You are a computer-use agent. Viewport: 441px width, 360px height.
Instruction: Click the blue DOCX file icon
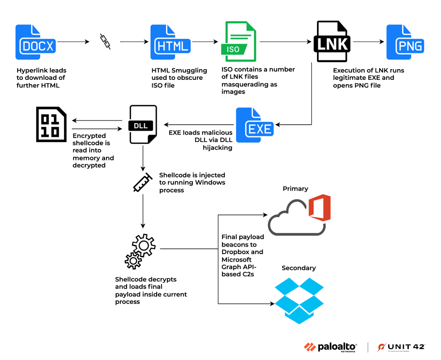[35, 42]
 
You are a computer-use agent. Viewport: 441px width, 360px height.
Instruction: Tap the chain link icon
[105, 41]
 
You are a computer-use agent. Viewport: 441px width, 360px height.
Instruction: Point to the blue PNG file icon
[405, 42]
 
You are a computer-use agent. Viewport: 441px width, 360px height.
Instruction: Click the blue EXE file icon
[254, 125]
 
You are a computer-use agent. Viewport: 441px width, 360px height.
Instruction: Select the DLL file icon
[143, 124]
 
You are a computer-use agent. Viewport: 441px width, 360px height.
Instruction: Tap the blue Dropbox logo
[299, 300]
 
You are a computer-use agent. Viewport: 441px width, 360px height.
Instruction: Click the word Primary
[295, 189]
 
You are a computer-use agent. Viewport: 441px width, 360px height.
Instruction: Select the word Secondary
[299, 268]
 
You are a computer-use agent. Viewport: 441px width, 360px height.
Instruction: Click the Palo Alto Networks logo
[330, 347]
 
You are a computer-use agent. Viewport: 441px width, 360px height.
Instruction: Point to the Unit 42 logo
[401, 347]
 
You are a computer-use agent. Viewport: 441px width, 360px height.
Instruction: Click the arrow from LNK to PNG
[369, 42]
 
